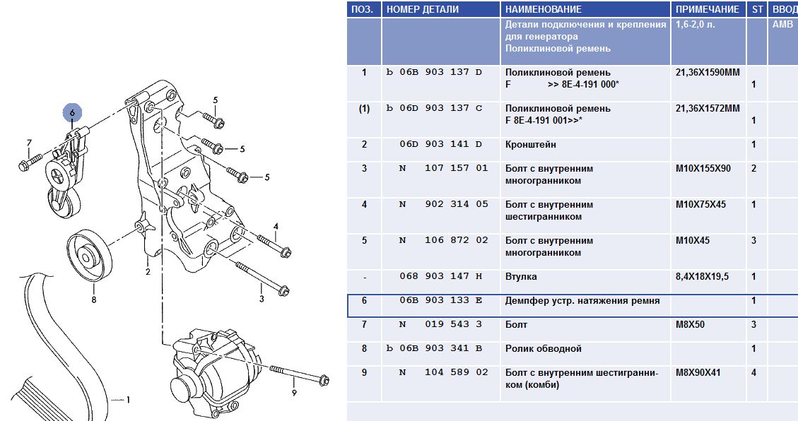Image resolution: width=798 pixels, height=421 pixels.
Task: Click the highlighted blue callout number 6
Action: [72, 112]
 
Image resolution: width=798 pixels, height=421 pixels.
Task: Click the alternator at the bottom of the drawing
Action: [213, 369]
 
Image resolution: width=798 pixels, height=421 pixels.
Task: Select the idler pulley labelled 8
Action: [89, 255]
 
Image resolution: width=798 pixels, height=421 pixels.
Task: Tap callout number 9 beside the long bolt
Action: [294, 393]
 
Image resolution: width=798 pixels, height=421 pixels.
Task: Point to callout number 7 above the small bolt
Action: [29, 143]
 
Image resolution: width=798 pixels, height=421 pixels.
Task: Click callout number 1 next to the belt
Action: [128, 400]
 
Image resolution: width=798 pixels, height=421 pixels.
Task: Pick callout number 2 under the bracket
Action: [148, 271]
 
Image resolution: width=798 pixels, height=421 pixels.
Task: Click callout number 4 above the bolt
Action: [276, 226]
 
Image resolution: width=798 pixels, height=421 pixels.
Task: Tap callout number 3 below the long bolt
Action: [262, 299]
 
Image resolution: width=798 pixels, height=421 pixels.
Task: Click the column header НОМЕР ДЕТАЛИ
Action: [423, 9]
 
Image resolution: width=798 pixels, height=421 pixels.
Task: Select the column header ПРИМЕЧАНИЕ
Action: [708, 9]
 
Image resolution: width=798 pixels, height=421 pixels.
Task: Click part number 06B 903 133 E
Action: [441, 300]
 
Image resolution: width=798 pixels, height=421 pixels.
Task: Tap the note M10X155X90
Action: [703, 168]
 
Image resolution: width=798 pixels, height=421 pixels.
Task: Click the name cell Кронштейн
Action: [531, 144]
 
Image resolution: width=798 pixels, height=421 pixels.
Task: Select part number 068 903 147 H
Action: [441, 276]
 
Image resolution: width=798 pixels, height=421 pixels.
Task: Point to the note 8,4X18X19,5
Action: [703, 277]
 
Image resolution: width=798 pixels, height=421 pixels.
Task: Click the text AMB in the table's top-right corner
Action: [782, 25]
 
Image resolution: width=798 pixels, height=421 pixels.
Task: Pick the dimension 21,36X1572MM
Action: [708, 108]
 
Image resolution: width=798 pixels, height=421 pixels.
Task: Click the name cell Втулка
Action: [521, 277]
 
